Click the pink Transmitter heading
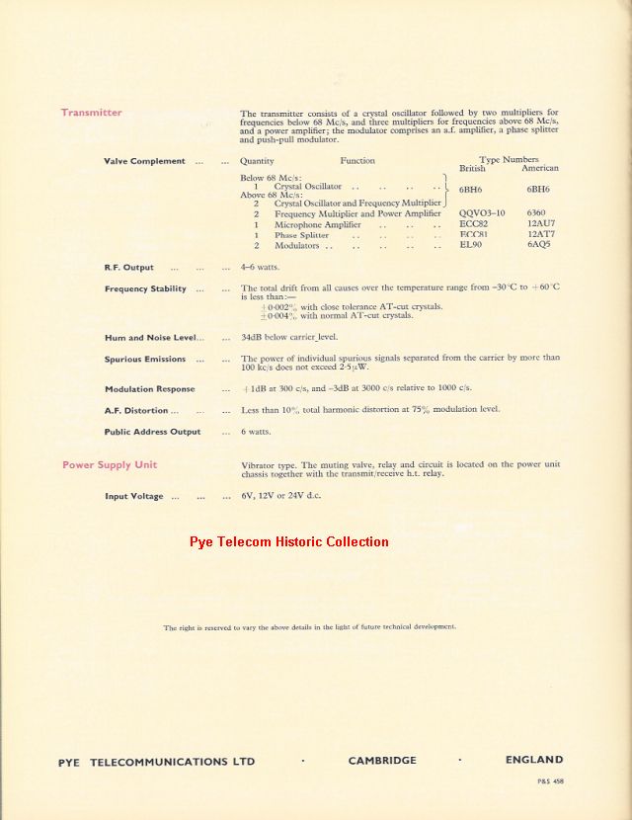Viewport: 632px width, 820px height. (92, 113)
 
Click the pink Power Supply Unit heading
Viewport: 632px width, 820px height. (110, 464)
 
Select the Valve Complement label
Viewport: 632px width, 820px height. (144, 161)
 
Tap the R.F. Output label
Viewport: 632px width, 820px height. (129, 268)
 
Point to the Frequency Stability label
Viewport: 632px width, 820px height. (145, 288)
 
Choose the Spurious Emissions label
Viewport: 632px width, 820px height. (145, 360)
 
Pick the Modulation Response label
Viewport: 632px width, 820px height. (150, 389)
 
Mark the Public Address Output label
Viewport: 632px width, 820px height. (152, 432)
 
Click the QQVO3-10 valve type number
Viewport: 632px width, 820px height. (482, 213)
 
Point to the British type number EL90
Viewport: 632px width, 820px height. (471, 245)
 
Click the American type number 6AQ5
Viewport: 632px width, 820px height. (540, 245)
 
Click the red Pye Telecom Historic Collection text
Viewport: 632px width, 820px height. (289, 541)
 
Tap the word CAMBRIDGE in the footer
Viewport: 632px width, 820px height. (382, 761)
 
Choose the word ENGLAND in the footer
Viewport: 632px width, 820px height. (534, 761)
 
